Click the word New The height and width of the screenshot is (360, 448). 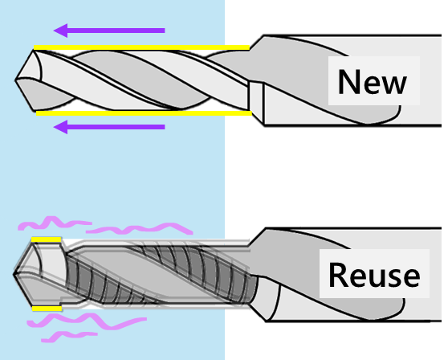pos(372,81)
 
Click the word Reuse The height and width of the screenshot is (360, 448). pos(374,275)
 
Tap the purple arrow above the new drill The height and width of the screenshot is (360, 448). pos(109,31)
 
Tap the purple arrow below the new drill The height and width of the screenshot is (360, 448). pos(109,127)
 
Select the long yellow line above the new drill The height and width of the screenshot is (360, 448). pos(142,47)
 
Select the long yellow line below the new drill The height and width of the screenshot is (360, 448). pos(144,113)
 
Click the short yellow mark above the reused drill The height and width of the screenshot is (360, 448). pos(47,239)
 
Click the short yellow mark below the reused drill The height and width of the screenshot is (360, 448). pos(47,309)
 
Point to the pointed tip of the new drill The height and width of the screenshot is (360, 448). pos(15,80)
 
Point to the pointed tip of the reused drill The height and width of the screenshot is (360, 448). pos(14,274)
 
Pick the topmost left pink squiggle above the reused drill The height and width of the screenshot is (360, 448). pos(55,223)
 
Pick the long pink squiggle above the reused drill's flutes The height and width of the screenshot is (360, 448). pos(140,229)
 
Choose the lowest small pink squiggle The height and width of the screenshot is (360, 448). pos(69,337)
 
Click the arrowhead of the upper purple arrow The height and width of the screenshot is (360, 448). pos(60,31)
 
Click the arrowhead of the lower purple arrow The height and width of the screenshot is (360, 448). pos(60,127)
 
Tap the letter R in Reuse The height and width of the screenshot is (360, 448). pos(337,275)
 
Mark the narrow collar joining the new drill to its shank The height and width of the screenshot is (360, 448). pos(256,97)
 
